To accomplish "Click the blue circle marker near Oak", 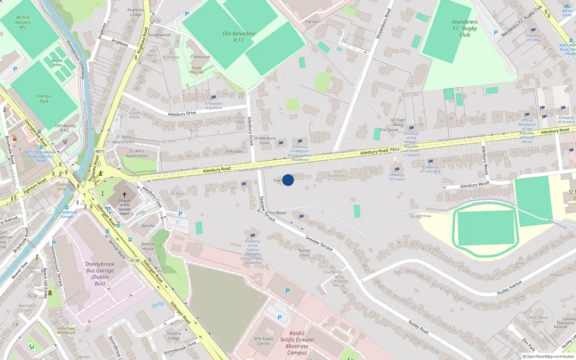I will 288,180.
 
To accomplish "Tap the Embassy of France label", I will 397,177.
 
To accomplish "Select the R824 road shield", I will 395,149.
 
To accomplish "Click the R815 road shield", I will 100,151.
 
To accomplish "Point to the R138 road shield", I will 135,261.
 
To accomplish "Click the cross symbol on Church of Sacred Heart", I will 125,194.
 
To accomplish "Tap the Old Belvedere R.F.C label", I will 239,37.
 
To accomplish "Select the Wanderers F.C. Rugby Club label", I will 465,28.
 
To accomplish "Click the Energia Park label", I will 44,99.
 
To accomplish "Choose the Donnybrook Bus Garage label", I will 100,274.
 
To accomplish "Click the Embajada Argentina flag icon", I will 213,97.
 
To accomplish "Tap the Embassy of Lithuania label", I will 430,169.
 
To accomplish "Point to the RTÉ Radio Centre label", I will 264,341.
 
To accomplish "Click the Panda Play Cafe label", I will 197,70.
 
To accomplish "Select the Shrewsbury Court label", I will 265,140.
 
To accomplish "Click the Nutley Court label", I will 305,253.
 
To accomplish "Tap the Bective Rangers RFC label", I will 23,22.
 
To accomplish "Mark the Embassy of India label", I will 533,38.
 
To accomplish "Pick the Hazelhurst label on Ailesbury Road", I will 337,176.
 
